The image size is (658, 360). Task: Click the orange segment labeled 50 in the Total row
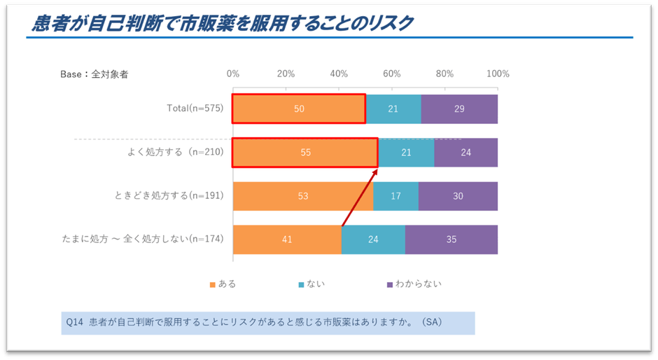point(299,109)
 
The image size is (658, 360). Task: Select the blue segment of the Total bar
point(393,109)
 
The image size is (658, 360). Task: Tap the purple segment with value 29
point(459,109)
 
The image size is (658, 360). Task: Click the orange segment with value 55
point(305,153)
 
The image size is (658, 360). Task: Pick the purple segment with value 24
point(465,153)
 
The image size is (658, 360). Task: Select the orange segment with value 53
point(303,196)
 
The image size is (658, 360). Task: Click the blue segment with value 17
point(395,196)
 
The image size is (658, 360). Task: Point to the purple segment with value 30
point(458,196)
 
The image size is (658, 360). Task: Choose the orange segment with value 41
point(287,240)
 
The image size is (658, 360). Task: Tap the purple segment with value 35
point(451,240)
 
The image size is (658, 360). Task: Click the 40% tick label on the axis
point(339,74)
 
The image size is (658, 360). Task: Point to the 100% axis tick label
point(498,74)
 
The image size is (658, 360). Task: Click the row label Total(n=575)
point(195,109)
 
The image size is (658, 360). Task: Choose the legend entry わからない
point(418,284)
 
